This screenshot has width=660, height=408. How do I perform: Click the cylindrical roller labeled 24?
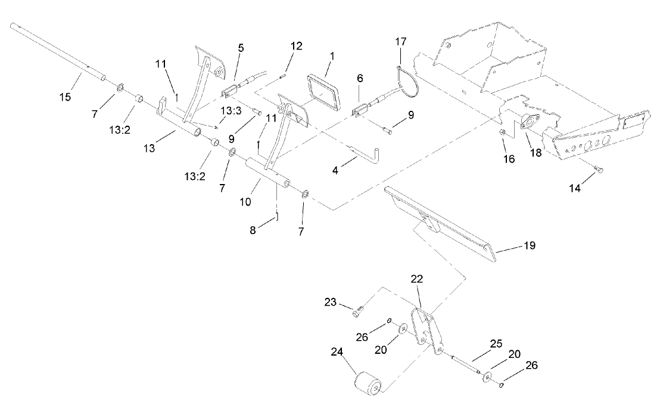pyautogui.click(x=368, y=382)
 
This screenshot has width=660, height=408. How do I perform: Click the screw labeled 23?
pyautogui.click(x=357, y=310)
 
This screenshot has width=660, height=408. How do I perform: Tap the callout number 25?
pyautogui.click(x=496, y=344)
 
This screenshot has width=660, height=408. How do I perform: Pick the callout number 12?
pyautogui.click(x=296, y=45)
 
